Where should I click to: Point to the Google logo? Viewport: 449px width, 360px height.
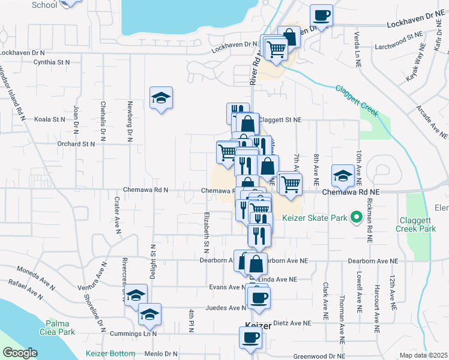20,353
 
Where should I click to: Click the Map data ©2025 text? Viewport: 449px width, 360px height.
423,355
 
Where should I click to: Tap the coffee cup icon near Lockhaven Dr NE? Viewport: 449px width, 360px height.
321,16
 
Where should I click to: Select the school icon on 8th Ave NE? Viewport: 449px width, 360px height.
343,176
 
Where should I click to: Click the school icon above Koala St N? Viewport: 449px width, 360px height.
160,99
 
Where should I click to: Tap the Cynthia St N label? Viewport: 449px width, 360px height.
52,62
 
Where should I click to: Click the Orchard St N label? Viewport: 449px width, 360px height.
76,144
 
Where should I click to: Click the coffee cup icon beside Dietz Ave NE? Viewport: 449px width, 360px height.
259,298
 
